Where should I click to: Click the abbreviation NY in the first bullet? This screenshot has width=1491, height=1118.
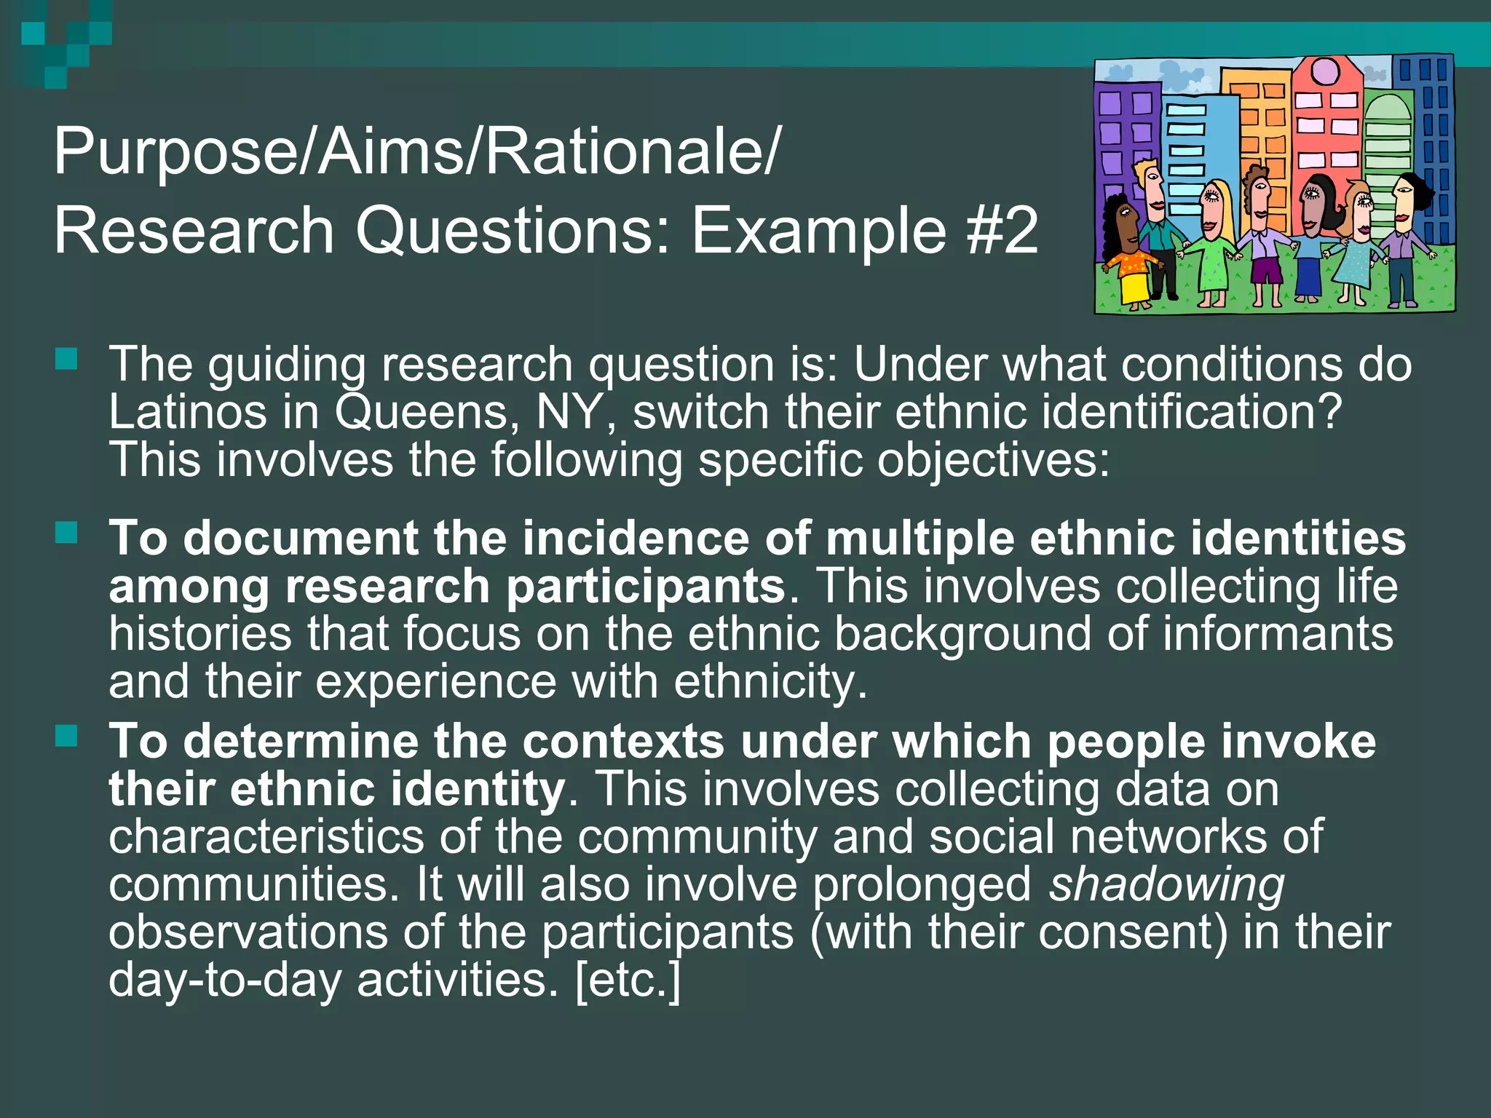pos(575,412)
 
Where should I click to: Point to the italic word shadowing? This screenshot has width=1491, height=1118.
pos(1166,884)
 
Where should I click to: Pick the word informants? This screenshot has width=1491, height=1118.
pos(1278,633)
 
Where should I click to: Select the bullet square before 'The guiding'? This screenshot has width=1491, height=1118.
pos(66,359)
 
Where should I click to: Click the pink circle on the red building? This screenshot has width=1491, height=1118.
pos(1325,71)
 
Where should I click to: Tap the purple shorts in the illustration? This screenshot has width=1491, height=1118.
pos(1267,269)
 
